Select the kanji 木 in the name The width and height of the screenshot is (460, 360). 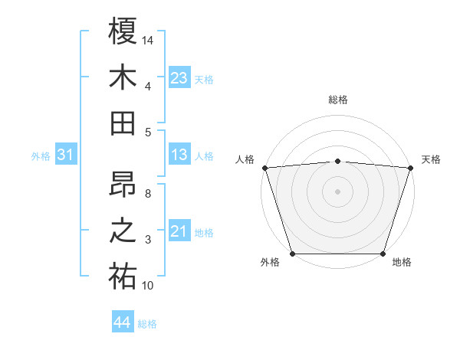pos(123,77)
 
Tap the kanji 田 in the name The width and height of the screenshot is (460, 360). pos(123,123)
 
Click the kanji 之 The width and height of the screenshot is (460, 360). pos(123,231)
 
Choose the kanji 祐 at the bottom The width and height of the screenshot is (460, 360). pos(123,277)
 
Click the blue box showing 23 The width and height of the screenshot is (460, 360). pos(179,77)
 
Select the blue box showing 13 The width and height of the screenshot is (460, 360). pos(179,155)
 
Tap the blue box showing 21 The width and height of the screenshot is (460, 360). pos(179,232)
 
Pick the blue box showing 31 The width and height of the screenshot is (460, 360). pos(66,155)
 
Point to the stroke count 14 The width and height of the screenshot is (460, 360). pos(148,39)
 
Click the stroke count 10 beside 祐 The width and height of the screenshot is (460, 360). pos(148,286)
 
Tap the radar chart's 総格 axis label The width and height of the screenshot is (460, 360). pos(337,100)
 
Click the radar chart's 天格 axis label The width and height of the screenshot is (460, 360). pos(431,159)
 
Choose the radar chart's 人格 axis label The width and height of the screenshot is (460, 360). pos(245,159)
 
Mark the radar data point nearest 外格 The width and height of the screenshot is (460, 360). pos(292,254)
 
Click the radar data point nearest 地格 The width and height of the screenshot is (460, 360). pos(383,254)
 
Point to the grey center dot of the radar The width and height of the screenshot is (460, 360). pos(337,191)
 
